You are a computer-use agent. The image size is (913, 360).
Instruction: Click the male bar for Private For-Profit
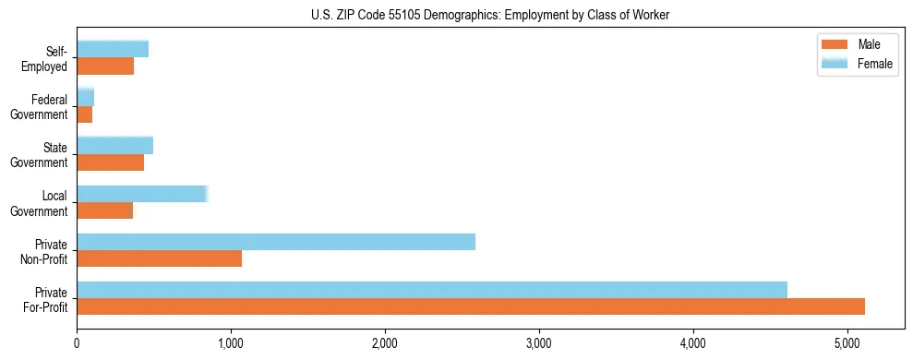471,306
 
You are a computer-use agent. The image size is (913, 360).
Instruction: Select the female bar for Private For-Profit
432,290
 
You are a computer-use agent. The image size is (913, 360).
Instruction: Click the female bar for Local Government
142,194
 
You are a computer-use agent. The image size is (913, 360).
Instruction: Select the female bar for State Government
114,146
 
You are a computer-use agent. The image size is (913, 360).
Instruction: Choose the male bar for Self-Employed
105,66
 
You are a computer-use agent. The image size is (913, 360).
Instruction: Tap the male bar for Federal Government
85,114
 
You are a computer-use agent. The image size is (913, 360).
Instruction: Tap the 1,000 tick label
231,343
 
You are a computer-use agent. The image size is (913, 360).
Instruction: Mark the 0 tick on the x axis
77,343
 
